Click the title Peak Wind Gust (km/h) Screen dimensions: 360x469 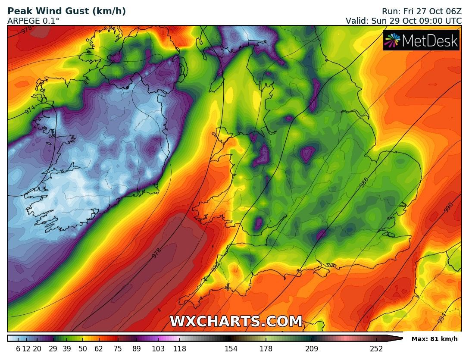[67, 12]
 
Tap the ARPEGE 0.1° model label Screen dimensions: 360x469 [33, 20]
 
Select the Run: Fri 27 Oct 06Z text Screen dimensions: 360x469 [422, 12]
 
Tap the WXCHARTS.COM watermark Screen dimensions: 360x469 [236, 322]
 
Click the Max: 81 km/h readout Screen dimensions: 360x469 [435, 339]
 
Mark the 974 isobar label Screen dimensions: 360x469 [30, 110]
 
